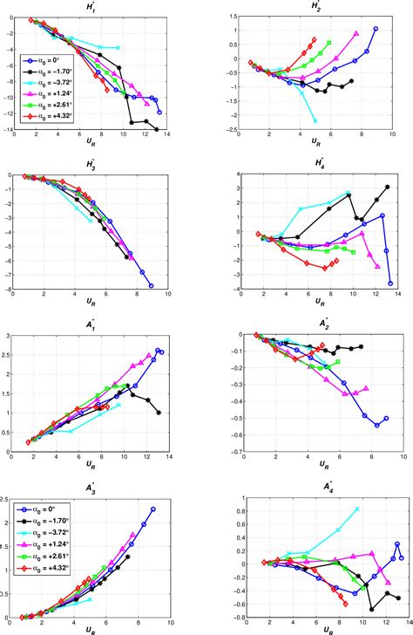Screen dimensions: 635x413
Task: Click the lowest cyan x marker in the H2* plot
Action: pyautogui.click(x=315, y=120)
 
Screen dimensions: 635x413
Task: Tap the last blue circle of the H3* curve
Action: pyautogui.click(x=151, y=285)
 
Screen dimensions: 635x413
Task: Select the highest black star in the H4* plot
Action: pyautogui.click(x=387, y=187)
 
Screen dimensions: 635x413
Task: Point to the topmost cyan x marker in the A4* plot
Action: pyautogui.click(x=357, y=509)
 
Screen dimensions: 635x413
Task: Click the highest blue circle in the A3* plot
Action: pyautogui.click(x=152, y=509)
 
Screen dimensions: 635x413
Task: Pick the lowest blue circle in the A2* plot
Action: pyautogui.click(x=376, y=426)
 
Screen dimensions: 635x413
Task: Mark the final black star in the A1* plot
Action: pyautogui.click(x=159, y=413)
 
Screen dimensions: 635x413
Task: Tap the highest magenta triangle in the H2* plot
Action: pyautogui.click(x=356, y=33)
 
